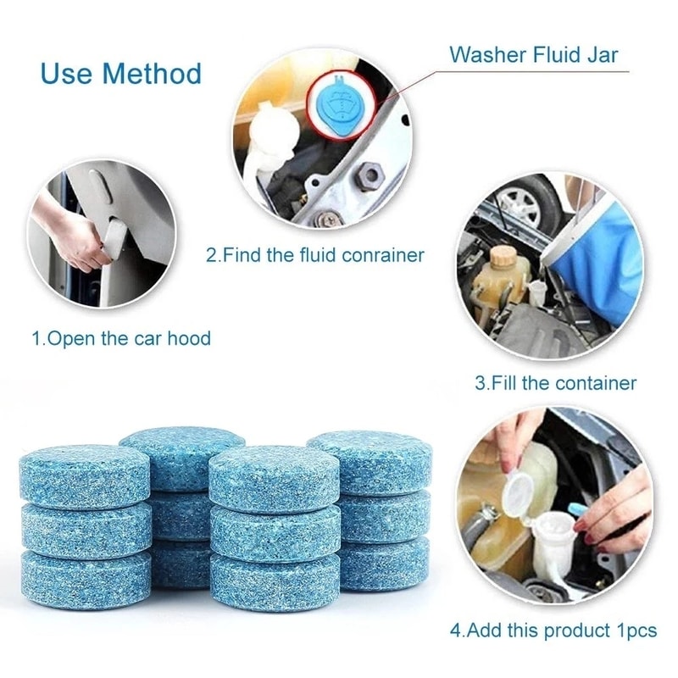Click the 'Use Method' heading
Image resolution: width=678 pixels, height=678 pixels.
[120, 74]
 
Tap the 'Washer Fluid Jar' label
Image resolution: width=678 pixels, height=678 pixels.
[533, 56]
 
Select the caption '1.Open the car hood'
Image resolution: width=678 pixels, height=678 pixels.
[121, 338]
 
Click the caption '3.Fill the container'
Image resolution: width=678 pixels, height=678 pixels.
[555, 383]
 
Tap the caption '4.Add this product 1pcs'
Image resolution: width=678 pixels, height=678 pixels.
[553, 631]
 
